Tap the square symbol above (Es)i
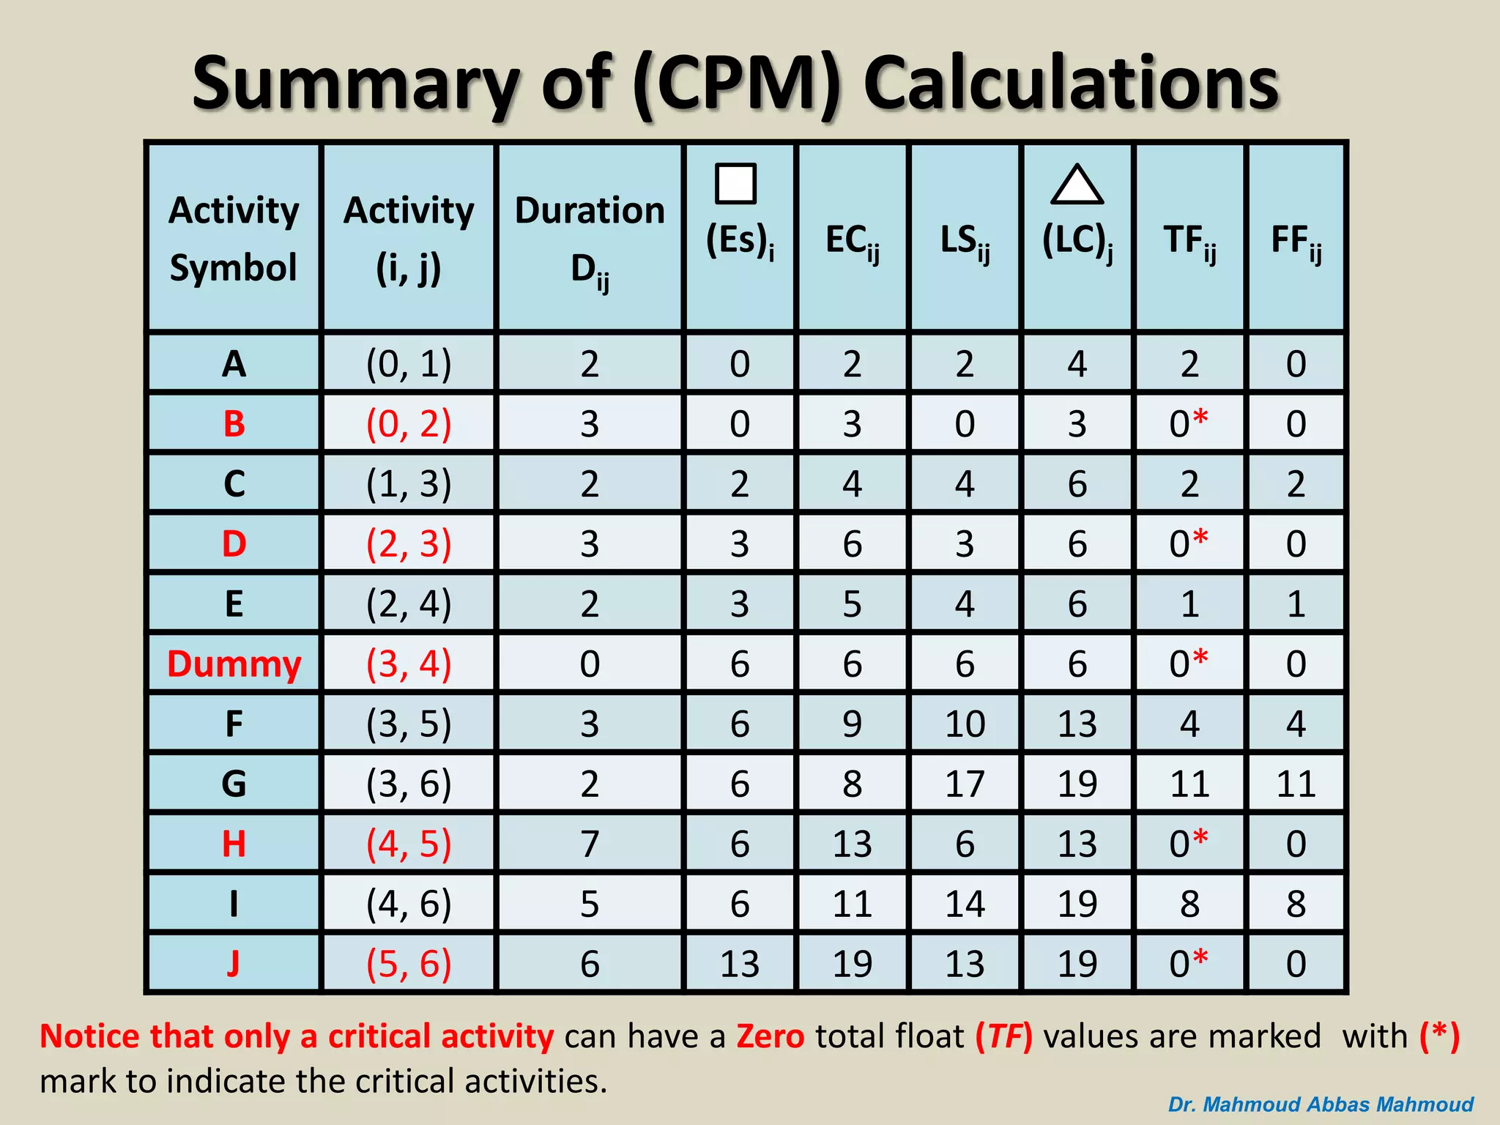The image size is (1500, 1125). (735, 183)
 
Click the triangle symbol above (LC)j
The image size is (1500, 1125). (1077, 185)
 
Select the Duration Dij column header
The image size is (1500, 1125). (590, 238)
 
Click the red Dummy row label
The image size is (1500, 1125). (234, 664)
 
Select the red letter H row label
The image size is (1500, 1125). (234, 844)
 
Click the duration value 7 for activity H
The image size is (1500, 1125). (590, 844)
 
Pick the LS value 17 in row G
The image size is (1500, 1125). (965, 784)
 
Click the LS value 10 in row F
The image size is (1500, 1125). (965, 724)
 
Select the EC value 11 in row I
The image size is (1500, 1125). (852, 904)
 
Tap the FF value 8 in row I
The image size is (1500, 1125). (1296, 904)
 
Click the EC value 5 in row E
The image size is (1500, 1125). (852, 604)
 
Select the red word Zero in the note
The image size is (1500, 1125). (770, 1036)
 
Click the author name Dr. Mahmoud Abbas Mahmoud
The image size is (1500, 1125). (1320, 1104)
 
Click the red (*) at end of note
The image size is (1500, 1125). (1439, 1036)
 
